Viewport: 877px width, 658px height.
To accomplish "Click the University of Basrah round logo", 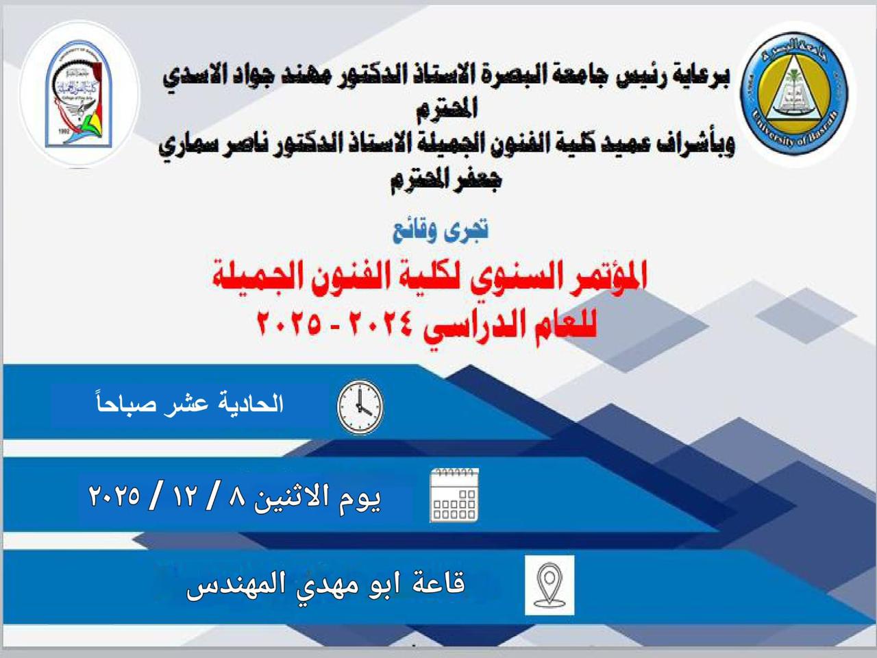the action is pos(794,93).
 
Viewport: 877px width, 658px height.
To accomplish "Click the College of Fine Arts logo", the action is pos(79,93).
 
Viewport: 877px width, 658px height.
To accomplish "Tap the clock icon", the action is pos(360,407).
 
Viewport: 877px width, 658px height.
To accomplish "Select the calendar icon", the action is pos(454,495).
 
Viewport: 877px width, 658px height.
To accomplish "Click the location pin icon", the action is pos(549,585).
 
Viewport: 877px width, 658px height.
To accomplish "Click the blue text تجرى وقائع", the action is pos(441,231).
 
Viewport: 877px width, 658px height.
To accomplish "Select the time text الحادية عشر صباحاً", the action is pos(190,404).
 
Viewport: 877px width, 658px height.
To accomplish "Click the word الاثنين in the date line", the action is pos(295,497).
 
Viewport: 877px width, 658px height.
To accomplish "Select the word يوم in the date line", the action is pos(360,499).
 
